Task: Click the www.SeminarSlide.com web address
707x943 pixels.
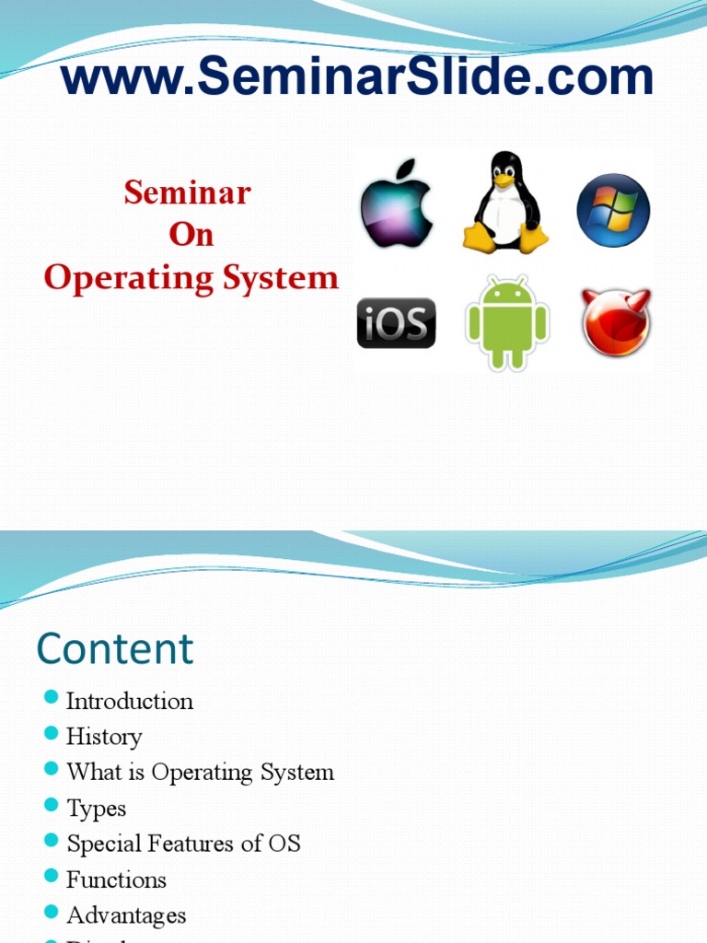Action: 357,77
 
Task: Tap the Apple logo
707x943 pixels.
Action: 396,204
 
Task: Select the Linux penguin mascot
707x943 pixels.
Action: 504,204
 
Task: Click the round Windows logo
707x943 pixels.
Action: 613,210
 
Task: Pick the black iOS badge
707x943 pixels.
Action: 396,323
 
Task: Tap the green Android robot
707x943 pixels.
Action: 506,323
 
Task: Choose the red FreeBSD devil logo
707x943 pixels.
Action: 616,322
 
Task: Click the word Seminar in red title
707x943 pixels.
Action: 188,192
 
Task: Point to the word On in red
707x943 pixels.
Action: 191,235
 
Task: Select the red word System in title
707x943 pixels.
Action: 288,277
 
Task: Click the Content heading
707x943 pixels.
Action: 115,648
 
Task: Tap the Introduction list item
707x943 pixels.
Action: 130,701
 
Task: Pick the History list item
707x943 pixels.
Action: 104,737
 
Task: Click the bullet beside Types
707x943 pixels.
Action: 52,807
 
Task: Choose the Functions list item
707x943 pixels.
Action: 116,879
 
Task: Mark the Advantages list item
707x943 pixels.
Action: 126,915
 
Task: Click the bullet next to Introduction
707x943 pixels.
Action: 52,699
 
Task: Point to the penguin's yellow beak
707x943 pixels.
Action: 504,180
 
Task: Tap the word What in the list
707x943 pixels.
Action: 88,772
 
